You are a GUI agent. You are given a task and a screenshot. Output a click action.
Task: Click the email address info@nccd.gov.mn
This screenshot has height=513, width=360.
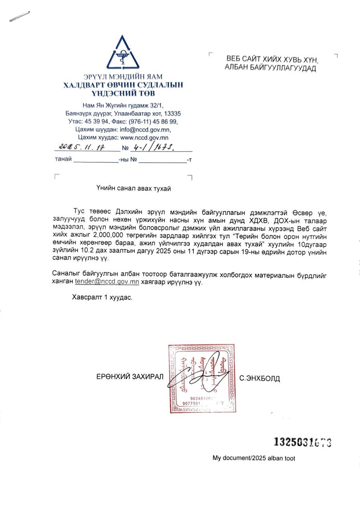coord(149,129)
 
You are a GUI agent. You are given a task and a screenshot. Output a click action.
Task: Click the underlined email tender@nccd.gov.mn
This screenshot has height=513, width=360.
coord(107,282)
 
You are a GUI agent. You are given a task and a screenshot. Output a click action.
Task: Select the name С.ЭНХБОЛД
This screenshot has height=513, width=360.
coord(259,378)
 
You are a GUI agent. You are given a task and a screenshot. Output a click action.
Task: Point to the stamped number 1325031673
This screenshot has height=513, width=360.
coord(303,442)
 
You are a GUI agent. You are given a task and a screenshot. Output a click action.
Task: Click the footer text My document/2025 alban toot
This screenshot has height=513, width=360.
coord(254,458)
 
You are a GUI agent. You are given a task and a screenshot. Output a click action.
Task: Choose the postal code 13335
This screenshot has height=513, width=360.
coord(173,113)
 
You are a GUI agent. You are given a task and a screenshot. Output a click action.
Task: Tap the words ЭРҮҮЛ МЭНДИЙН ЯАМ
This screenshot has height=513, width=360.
coord(123,77)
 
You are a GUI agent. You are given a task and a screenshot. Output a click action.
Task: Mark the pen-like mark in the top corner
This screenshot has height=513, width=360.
coord(20,16)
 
